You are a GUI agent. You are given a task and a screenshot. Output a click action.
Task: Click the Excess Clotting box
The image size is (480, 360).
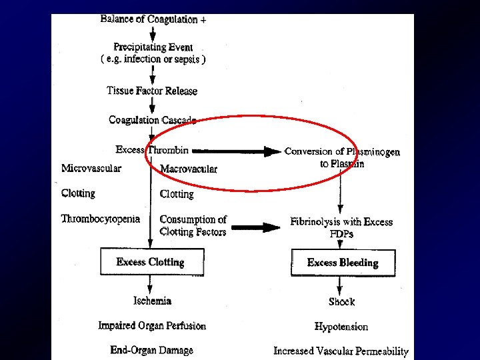(x=151, y=262)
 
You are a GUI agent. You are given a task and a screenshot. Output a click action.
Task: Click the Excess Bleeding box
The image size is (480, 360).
(x=343, y=263)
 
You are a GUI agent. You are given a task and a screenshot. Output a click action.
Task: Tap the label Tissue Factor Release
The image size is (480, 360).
(x=152, y=91)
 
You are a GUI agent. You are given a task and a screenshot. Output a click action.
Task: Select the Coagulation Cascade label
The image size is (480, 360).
(x=153, y=120)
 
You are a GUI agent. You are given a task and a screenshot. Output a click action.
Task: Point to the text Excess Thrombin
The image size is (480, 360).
(x=152, y=150)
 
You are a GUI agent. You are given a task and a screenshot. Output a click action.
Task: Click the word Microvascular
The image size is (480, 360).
(x=91, y=168)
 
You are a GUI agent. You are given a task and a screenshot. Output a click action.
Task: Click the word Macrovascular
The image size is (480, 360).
(x=189, y=169)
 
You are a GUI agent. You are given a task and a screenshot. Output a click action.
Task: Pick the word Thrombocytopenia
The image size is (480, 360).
(x=101, y=219)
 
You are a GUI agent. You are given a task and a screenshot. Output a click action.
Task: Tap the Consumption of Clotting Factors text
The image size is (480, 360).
(x=193, y=225)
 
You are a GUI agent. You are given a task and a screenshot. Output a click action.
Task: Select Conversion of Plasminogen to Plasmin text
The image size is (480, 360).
(x=342, y=157)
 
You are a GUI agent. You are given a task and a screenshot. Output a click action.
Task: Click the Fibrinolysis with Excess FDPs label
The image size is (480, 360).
(x=341, y=227)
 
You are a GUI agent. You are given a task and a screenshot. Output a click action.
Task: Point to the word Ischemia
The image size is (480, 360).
(x=152, y=301)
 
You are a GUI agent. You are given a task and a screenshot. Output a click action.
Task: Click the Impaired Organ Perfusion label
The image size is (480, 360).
(x=152, y=326)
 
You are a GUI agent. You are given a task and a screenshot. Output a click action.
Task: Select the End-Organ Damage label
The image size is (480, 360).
(x=152, y=350)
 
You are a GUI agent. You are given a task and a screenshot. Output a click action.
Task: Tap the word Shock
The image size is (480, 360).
(x=341, y=302)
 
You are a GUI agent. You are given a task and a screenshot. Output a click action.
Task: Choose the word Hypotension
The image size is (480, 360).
(x=341, y=327)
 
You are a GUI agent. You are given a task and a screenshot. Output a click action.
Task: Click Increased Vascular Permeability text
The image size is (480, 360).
(x=341, y=351)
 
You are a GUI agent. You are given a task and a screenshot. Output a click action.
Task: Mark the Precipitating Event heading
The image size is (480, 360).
(x=153, y=47)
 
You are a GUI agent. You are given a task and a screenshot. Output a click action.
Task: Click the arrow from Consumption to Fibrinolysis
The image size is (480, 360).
(x=256, y=227)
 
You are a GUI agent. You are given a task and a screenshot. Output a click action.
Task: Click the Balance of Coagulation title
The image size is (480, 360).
(x=153, y=19)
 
